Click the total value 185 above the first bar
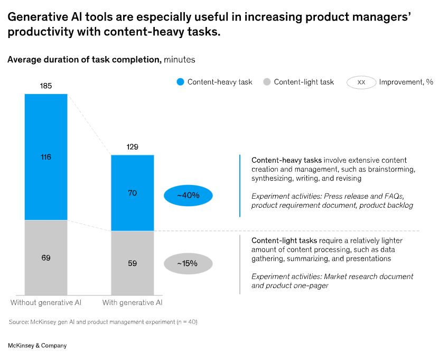tap(46, 85)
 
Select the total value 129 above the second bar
tap(132, 146)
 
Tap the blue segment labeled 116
tap(46, 157)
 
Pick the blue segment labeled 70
tap(132, 193)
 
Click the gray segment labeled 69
tap(46, 258)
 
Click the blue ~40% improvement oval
tap(188, 196)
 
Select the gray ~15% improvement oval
tap(188, 263)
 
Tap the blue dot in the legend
tap(181, 82)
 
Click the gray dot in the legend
tap(267, 82)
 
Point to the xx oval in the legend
tap(361, 82)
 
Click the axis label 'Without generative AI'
tap(45, 303)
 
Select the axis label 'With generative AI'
tap(132, 303)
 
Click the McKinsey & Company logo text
tap(38, 345)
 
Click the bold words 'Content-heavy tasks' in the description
tap(286, 160)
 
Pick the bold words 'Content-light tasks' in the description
tap(283, 241)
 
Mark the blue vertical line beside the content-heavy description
tap(240, 186)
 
